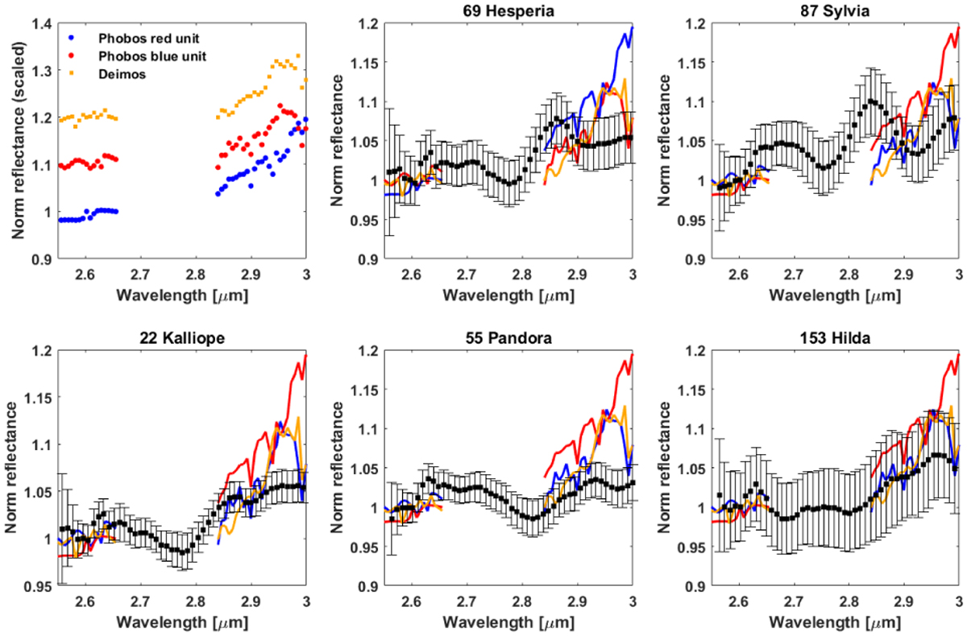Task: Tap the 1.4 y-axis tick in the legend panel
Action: [41, 24]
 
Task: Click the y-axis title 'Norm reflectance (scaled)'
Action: [15, 142]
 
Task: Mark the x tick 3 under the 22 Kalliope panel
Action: [307, 601]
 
